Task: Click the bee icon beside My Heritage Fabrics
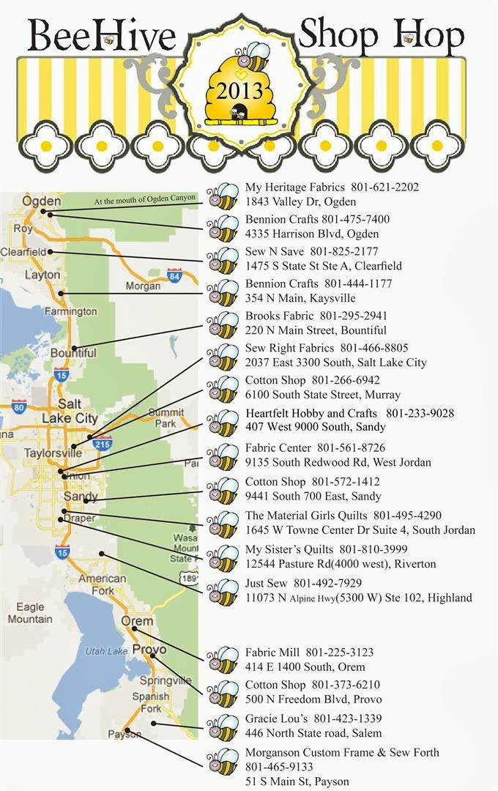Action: point(223,195)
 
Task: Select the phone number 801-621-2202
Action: point(384,187)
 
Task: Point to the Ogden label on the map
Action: point(42,201)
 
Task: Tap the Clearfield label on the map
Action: point(23,251)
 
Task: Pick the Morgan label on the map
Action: point(143,286)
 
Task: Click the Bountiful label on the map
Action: point(73,353)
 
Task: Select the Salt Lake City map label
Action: point(69,411)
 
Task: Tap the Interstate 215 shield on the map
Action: point(103,443)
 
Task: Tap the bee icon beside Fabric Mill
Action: point(223,660)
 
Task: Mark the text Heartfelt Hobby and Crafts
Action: point(311,413)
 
